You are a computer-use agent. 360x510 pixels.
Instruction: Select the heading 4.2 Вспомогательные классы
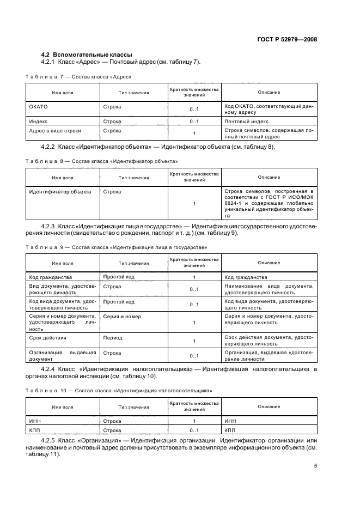click(x=87, y=54)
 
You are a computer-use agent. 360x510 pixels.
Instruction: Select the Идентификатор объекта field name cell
click(x=59, y=192)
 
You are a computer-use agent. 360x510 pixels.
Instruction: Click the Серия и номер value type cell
click(x=122, y=317)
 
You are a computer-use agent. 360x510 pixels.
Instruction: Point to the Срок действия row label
click(x=46, y=338)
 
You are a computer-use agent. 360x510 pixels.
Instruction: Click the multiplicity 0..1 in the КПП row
click(x=194, y=430)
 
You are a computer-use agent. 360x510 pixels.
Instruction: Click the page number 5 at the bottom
click(x=315, y=466)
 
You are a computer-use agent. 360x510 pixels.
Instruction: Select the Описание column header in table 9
click(x=269, y=263)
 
